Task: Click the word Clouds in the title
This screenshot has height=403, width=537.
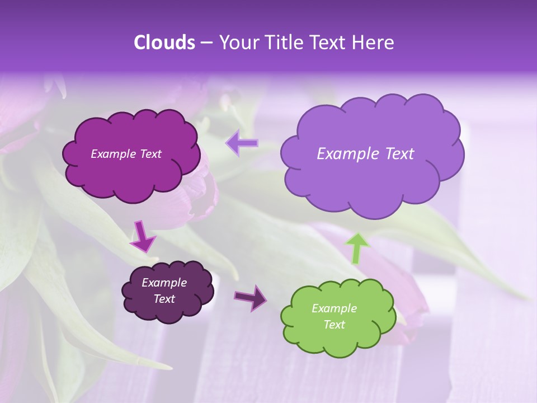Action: point(164,43)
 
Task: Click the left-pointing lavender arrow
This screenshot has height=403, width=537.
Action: point(242,143)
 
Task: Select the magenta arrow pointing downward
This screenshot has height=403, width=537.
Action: point(142,236)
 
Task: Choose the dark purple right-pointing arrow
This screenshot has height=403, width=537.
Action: point(251,297)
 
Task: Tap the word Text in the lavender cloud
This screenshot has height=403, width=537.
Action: point(398,154)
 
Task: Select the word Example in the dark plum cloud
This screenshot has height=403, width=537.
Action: point(164,283)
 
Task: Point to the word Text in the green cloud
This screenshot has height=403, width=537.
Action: point(335,325)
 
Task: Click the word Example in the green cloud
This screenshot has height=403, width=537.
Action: point(334,308)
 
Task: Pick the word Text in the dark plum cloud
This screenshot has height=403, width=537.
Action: point(164,299)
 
